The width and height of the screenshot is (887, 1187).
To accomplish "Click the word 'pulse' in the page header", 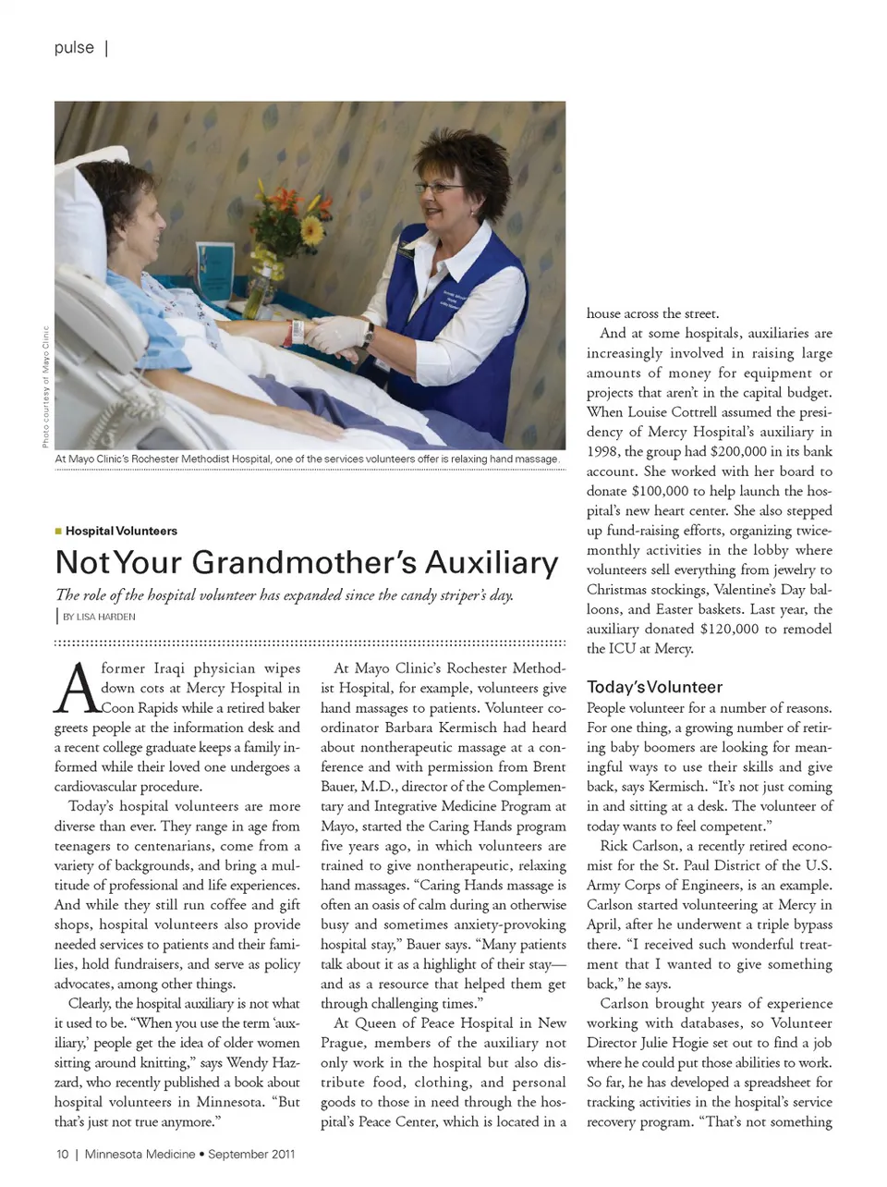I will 74,47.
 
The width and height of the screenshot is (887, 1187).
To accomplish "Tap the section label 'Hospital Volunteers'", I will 121,532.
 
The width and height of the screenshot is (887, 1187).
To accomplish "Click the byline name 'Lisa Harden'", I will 105,617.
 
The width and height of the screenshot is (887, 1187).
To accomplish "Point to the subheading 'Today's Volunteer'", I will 654,687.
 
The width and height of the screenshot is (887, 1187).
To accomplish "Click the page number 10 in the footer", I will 62,1154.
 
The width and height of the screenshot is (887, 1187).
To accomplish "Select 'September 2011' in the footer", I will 251,1154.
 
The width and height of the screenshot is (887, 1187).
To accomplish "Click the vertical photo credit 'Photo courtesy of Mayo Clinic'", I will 45,386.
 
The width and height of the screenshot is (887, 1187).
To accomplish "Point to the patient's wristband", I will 298,330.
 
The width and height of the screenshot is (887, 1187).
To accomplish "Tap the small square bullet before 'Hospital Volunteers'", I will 58,532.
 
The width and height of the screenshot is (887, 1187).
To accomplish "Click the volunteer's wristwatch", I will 368,335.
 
